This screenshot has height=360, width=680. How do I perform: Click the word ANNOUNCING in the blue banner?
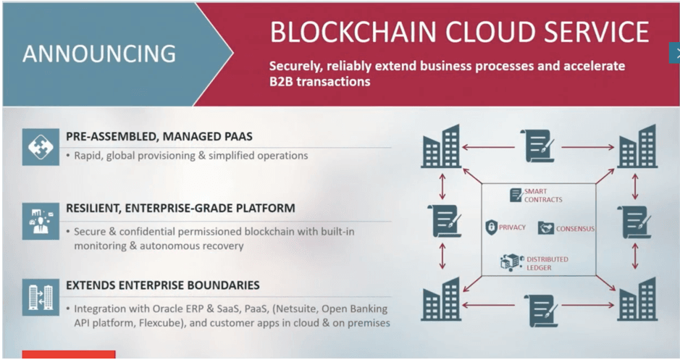click(x=99, y=54)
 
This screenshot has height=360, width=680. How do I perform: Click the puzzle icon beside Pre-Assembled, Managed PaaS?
click(x=41, y=147)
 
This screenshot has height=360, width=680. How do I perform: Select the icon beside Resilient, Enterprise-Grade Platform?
click(x=41, y=221)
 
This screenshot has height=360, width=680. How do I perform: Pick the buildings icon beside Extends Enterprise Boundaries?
click(x=41, y=297)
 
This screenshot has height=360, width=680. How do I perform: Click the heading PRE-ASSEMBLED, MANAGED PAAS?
click(x=159, y=137)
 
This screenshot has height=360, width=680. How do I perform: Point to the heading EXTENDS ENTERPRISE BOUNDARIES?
click(x=163, y=285)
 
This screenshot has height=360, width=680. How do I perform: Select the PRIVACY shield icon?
click(x=491, y=227)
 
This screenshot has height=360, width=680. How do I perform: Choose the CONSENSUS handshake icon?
click(x=545, y=227)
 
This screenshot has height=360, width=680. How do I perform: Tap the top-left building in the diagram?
click(x=440, y=146)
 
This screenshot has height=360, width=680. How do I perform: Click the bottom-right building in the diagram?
click(x=637, y=299)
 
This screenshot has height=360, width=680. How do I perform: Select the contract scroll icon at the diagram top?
click(x=538, y=146)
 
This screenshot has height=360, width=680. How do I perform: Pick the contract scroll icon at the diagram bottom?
click(x=542, y=311)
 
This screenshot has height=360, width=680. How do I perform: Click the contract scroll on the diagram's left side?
click(x=445, y=221)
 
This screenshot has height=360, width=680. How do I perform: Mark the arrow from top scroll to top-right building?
click(x=588, y=148)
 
